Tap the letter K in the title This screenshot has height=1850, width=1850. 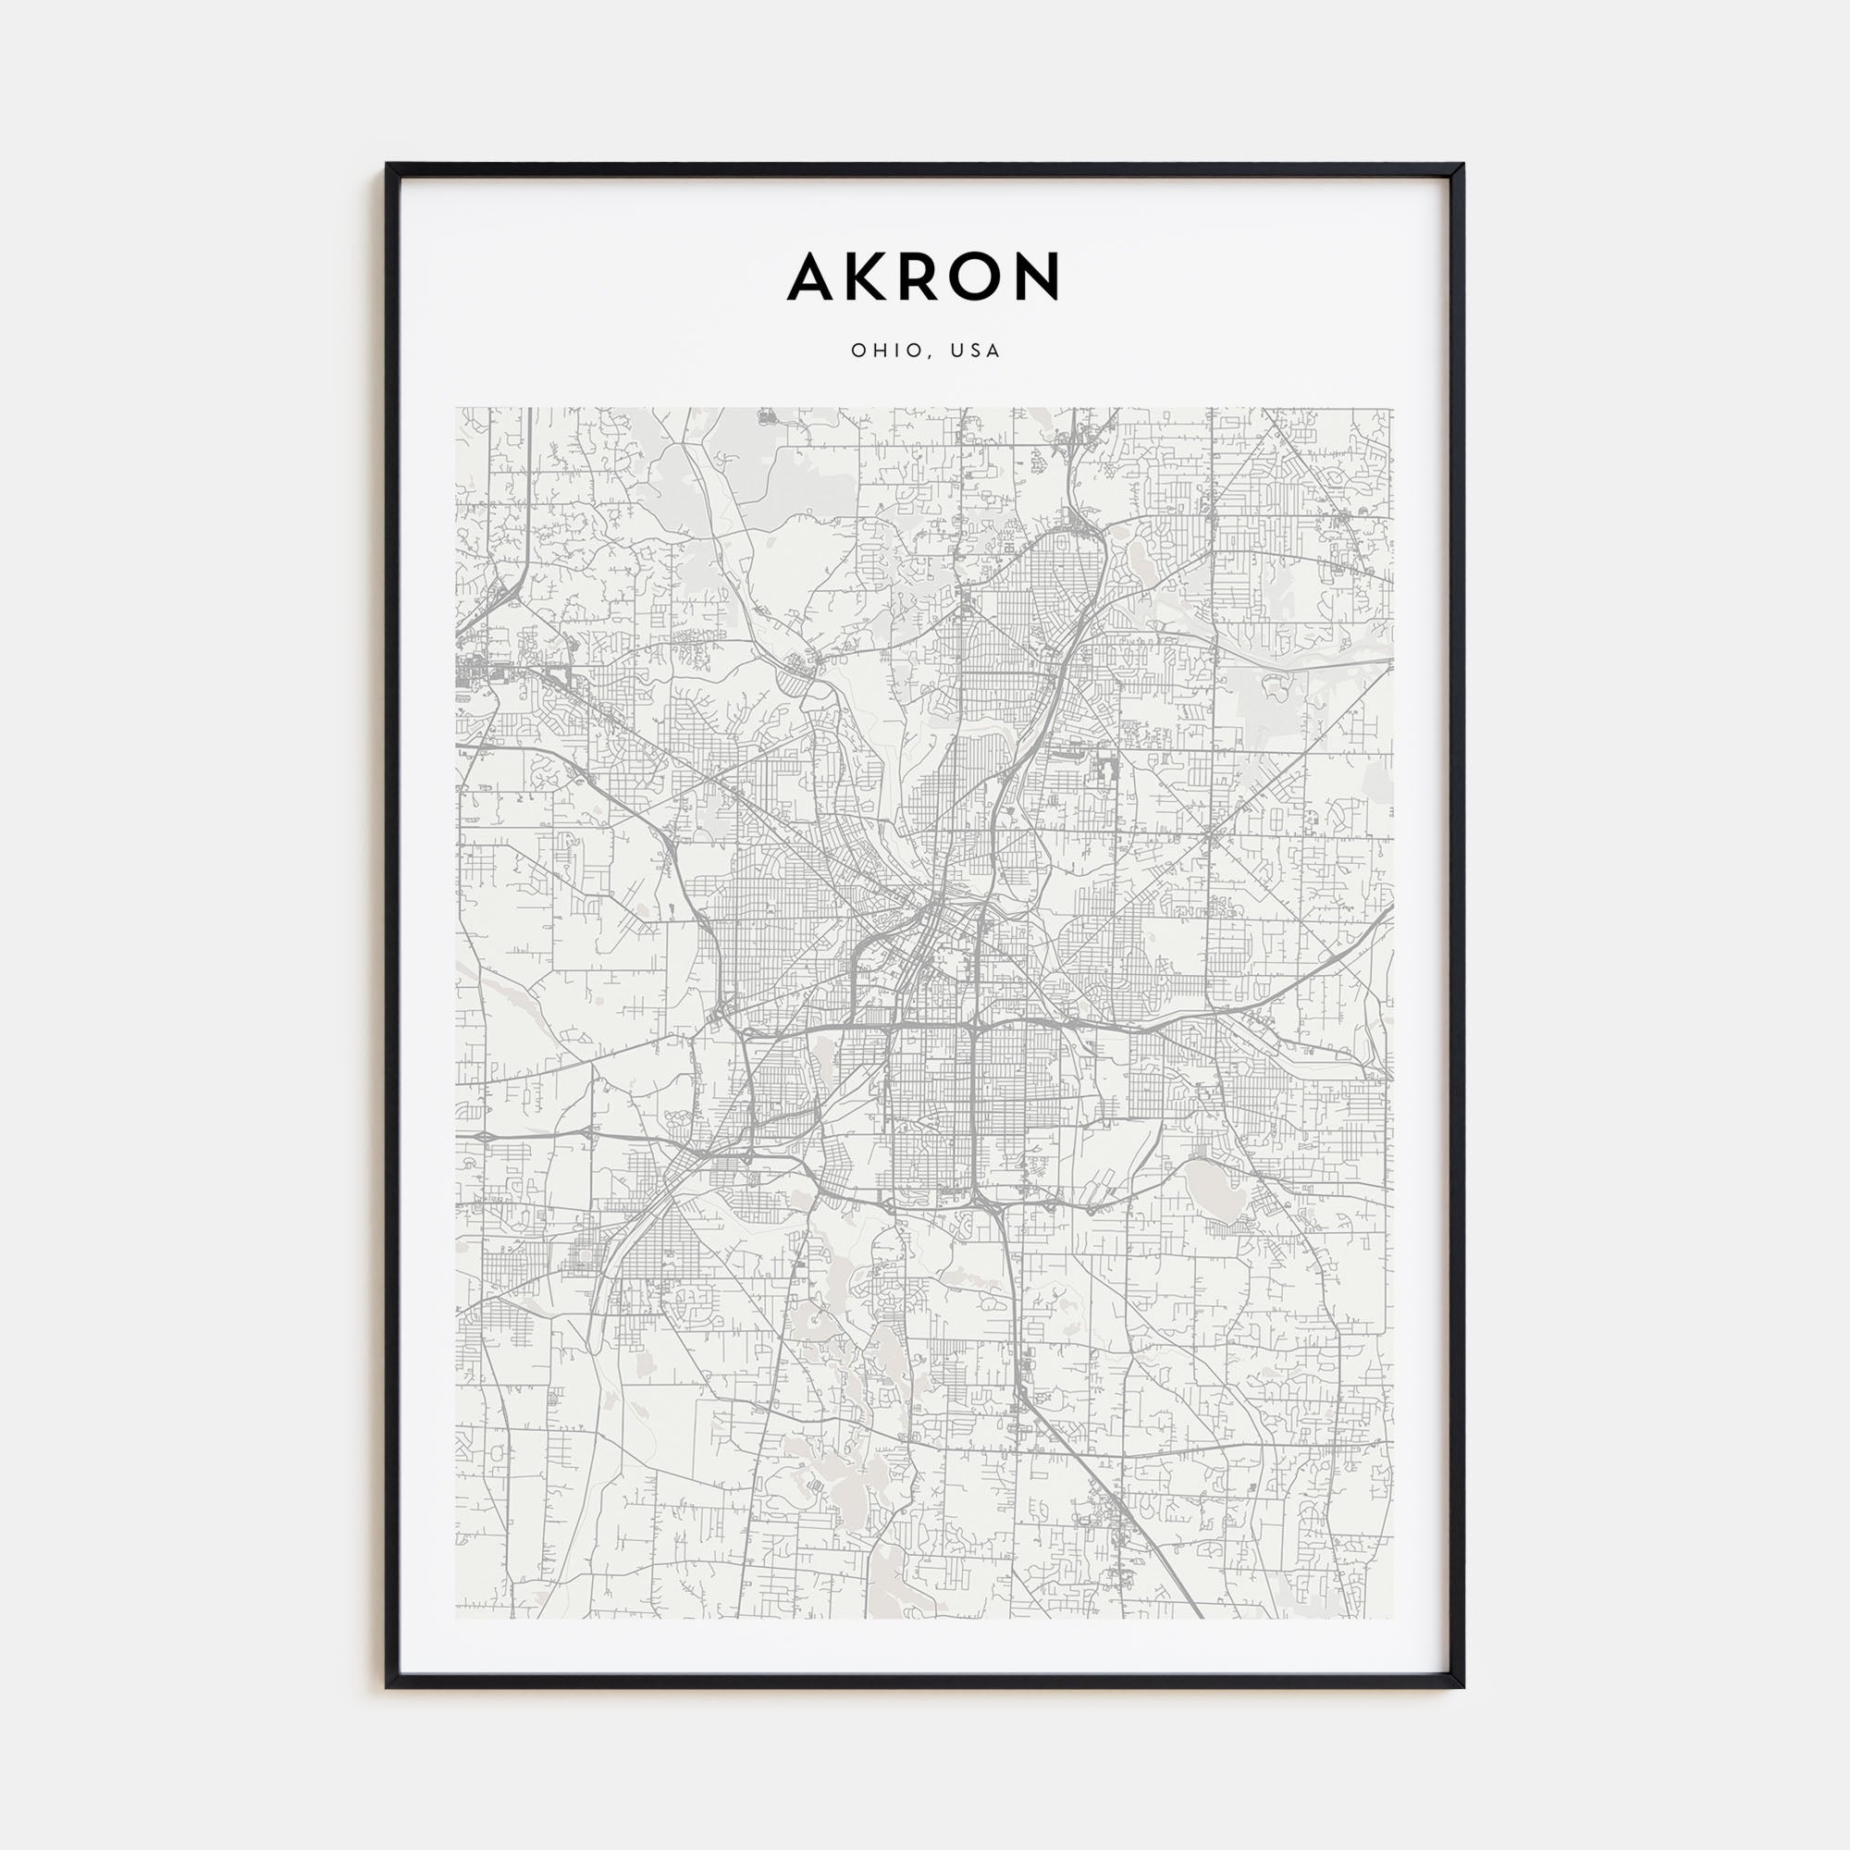[x=867, y=277]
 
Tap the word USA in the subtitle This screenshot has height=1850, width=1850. [x=976, y=351]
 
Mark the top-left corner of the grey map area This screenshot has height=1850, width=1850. [x=457, y=409]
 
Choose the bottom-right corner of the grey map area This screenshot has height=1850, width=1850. [x=1393, y=1618]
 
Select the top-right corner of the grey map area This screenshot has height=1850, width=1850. [x=1393, y=409]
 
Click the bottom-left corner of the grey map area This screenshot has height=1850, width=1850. [x=457, y=1618]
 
